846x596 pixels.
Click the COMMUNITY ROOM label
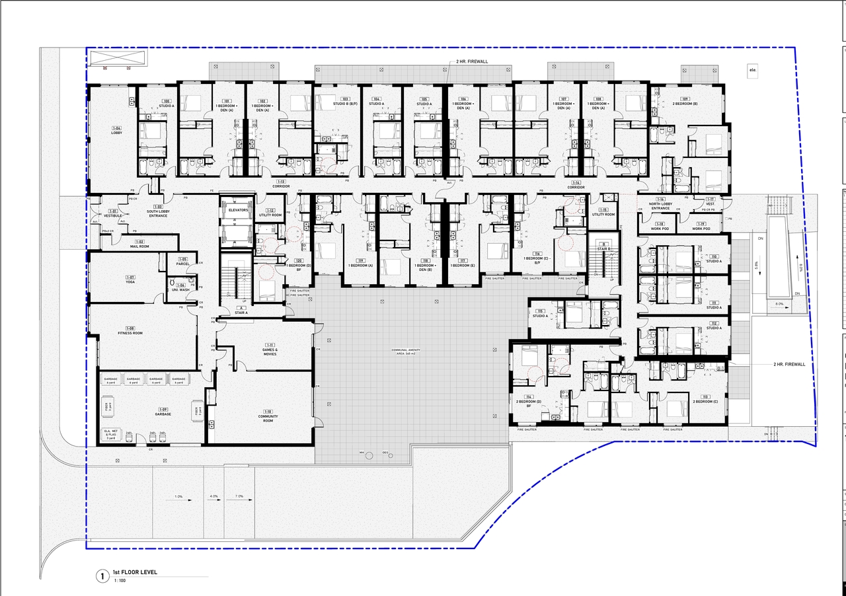[268, 418]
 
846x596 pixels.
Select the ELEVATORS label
[237, 210]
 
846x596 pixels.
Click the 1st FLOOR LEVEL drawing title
[135, 572]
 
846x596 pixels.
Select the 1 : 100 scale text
[120, 581]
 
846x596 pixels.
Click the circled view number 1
[102, 576]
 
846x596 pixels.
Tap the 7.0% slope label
[239, 496]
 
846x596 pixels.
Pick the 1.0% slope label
[178, 496]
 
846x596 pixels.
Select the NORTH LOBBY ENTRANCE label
[660, 204]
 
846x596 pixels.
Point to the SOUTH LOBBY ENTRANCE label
[158, 213]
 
